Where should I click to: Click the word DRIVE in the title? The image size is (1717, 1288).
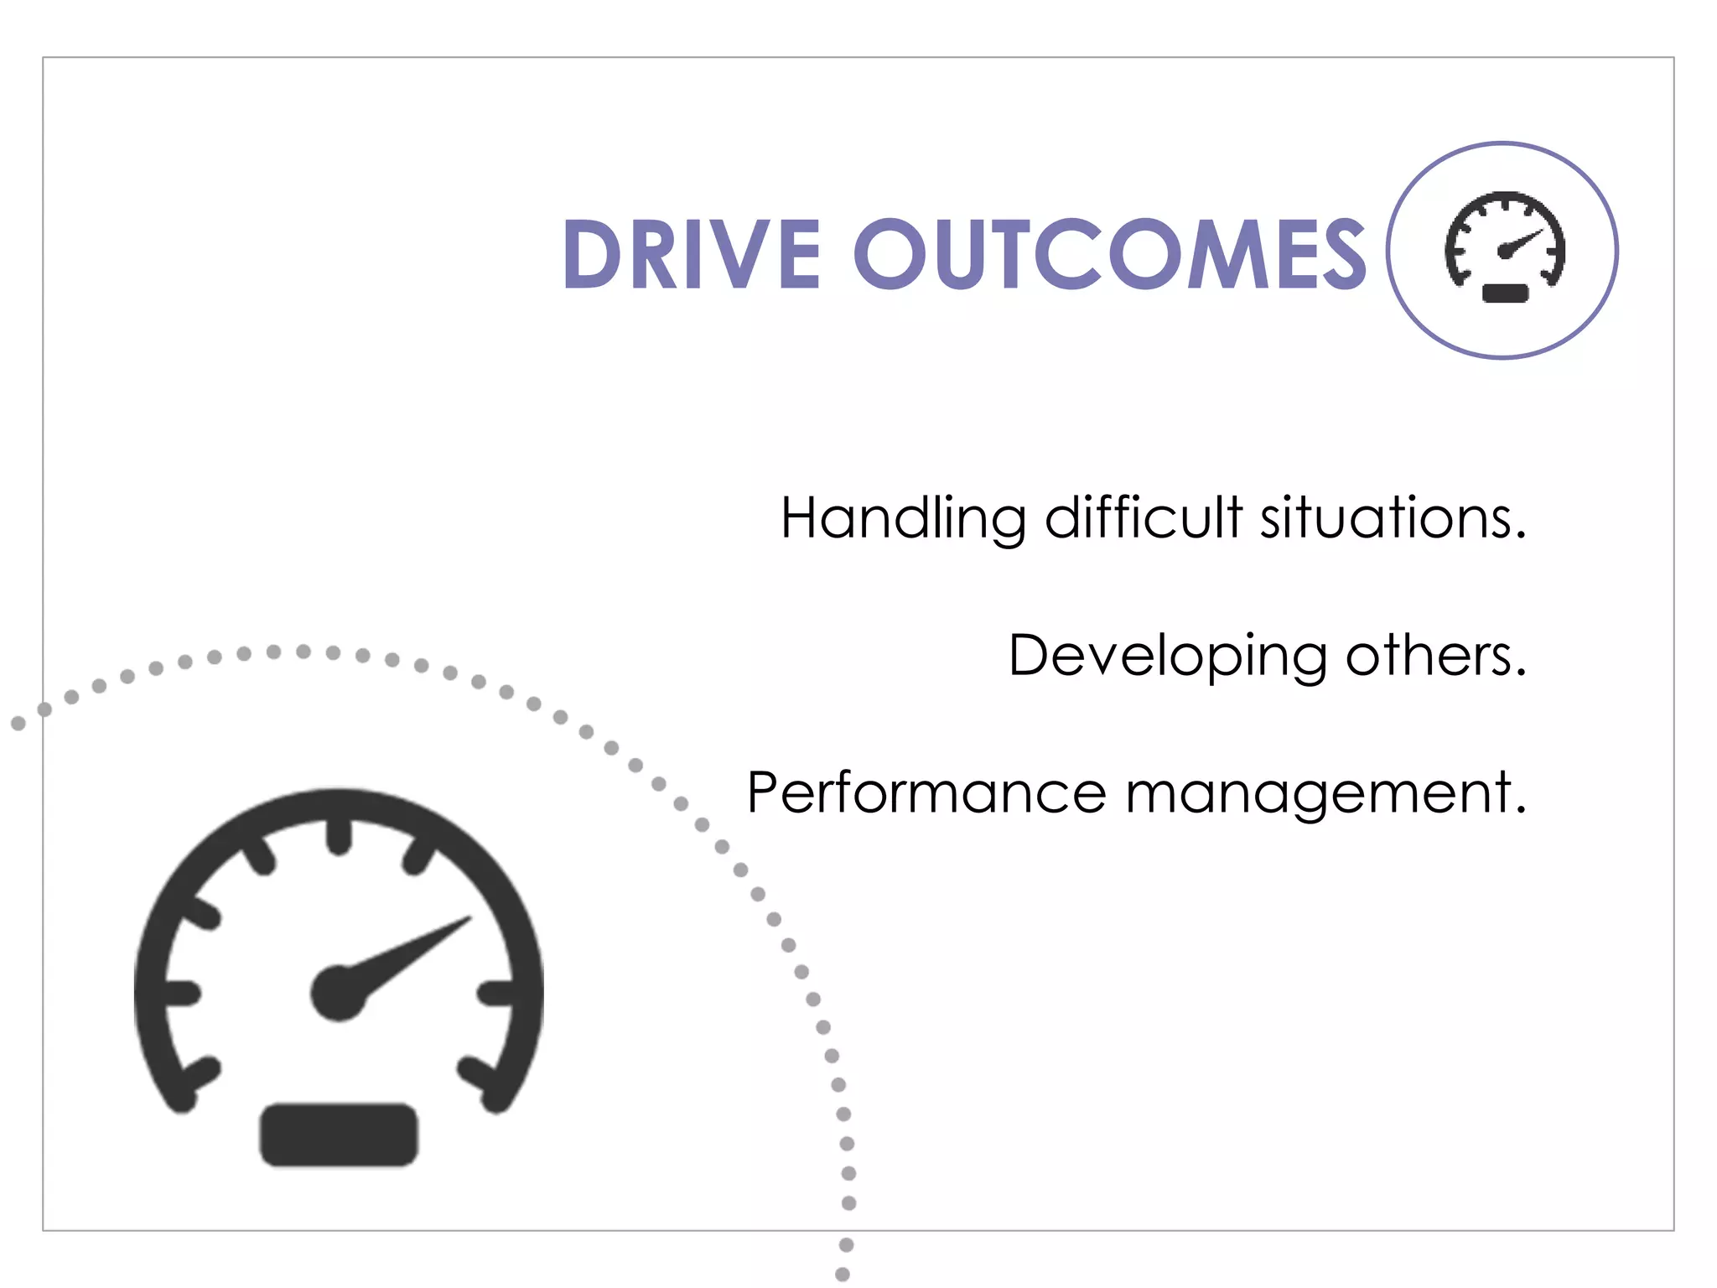click(691, 253)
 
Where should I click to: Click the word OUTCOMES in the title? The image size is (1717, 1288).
click(1110, 253)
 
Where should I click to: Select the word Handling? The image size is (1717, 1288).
click(903, 518)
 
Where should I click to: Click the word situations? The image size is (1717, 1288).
click(1393, 517)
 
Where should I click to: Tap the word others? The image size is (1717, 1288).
click(1435, 655)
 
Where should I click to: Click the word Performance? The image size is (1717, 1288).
click(926, 792)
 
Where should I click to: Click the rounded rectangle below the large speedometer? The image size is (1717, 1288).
click(339, 1134)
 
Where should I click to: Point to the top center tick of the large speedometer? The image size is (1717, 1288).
click(339, 835)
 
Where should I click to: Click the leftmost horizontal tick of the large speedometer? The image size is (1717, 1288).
click(181, 993)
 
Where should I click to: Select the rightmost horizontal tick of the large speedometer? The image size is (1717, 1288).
click(496, 993)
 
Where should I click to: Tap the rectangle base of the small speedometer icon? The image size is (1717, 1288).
click(1506, 293)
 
